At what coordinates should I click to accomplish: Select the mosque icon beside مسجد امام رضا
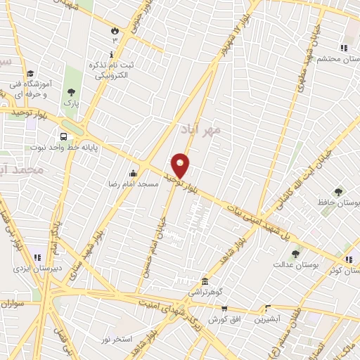click(x=134, y=174)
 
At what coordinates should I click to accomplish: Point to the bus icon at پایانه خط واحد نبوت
click(x=64, y=136)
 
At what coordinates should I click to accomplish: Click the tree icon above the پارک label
click(x=70, y=92)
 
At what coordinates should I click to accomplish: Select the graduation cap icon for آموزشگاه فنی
click(x=30, y=73)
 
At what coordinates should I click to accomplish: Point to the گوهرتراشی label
click(x=205, y=290)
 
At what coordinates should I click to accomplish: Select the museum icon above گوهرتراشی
click(x=205, y=280)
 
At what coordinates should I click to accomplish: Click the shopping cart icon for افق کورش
click(x=224, y=309)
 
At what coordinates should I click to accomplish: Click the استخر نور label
click(x=116, y=340)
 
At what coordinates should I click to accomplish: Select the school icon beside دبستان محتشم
click(x=344, y=47)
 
